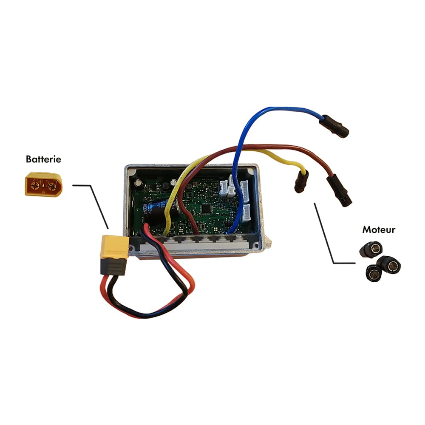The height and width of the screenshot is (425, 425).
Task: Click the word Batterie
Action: [x=43, y=159]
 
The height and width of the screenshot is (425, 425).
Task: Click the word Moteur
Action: [x=379, y=230]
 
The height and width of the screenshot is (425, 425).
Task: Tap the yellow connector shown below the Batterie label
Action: [x=44, y=184]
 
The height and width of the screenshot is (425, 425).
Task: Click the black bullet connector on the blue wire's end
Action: [x=334, y=126]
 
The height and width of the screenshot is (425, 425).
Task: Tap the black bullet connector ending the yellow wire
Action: [x=301, y=182]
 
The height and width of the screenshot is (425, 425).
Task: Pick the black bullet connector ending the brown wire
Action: [x=339, y=191]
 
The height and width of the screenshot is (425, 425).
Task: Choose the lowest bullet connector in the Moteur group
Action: [x=374, y=273]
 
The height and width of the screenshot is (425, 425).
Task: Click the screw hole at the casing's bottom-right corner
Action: [x=255, y=245]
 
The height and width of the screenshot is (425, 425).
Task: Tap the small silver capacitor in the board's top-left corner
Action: [x=139, y=182]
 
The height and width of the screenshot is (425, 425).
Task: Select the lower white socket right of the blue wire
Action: [x=246, y=213]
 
